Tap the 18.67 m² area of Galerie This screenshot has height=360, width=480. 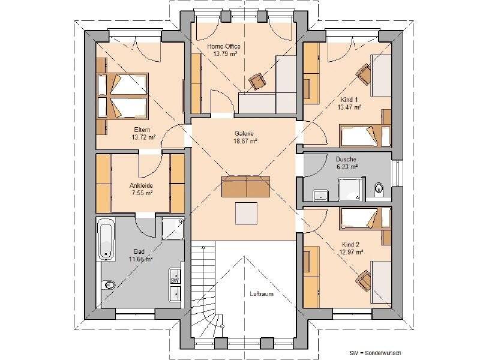tap(245, 141)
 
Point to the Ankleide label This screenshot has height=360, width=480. tap(141, 185)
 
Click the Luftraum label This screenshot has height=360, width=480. tap(262, 294)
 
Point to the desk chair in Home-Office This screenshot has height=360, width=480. tap(259, 81)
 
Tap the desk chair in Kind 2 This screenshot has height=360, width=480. tap(363, 278)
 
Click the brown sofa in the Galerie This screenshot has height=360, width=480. tap(246, 186)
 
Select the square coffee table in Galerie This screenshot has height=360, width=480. tap(247, 212)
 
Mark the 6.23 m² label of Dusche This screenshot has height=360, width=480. tap(347, 167)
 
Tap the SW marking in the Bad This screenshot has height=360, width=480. tap(174, 280)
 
